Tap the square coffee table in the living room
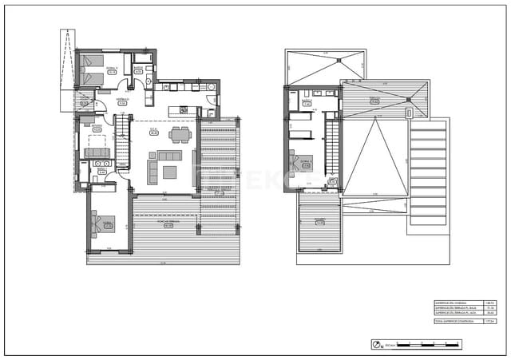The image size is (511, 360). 169,171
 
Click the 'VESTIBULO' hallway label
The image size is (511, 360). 122,101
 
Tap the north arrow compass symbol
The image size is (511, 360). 376,344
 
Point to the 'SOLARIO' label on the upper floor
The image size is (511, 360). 319,220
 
